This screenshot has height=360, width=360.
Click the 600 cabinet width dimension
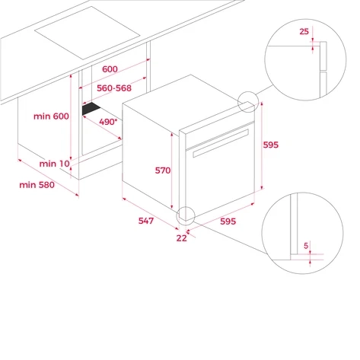(x=110, y=69)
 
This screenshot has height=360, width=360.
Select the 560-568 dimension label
(x=114, y=88)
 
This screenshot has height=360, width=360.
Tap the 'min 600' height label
(x=51, y=116)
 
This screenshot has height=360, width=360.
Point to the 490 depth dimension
(x=108, y=122)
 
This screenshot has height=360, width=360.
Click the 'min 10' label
(x=55, y=164)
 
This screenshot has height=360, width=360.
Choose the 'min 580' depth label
(x=37, y=185)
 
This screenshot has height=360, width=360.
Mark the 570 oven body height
(x=163, y=170)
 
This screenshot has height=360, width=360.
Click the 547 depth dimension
(x=146, y=221)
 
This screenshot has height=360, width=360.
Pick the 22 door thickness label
(x=182, y=238)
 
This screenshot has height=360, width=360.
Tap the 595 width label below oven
(x=228, y=221)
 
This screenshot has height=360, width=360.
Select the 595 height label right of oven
(x=271, y=145)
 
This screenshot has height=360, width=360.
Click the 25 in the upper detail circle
(x=304, y=31)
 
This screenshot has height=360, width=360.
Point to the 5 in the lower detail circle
(x=306, y=246)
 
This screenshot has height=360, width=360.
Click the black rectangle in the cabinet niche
(x=91, y=108)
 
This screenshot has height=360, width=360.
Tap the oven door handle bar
(x=221, y=143)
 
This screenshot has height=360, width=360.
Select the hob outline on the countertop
(x=87, y=33)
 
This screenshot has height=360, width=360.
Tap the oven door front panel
(x=220, y=177)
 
